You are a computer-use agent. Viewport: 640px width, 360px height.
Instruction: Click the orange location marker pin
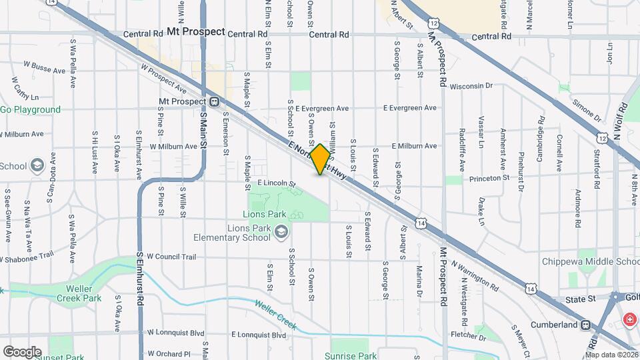click(321, 159)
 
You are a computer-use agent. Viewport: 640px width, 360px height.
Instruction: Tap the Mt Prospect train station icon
click(215, 102)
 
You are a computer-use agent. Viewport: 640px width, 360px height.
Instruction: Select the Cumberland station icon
click(585, 325)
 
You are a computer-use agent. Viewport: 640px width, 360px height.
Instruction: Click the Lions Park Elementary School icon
click(281, 231)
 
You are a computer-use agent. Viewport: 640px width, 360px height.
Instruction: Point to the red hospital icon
click(629, 321)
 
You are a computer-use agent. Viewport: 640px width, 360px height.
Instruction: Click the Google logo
click(22, 351)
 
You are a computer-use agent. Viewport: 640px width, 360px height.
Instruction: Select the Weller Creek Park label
click(79, 293)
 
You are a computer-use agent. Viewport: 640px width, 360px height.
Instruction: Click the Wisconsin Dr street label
click(471, 86)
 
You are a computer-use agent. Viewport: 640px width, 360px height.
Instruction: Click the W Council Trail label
click(171, 256)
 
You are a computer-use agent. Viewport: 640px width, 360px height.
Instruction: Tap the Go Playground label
click(31, 110)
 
